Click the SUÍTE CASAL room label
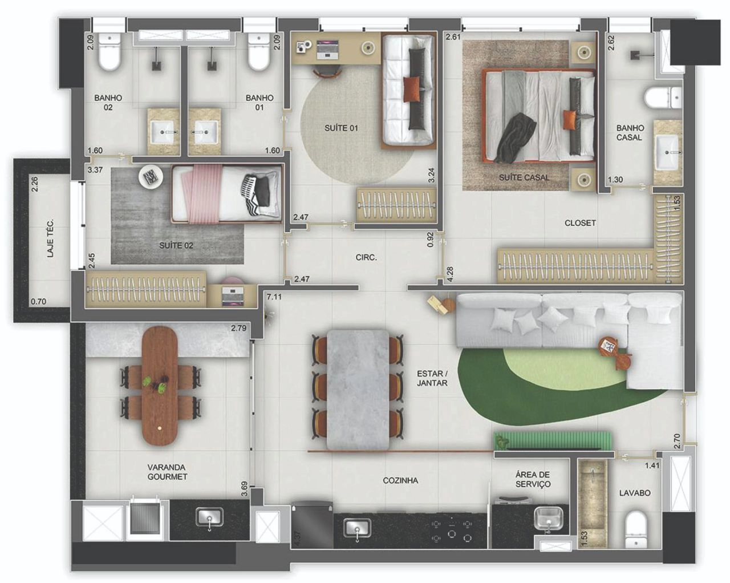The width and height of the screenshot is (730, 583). click(524, 177)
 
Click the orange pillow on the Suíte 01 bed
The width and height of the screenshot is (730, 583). click(412, 89)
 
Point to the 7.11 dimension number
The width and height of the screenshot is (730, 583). click(274, 297)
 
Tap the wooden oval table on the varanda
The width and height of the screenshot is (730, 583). click(160, 386)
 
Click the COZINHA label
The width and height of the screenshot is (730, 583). click(400, 480)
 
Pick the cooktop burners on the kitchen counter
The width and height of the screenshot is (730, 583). click(451, 531)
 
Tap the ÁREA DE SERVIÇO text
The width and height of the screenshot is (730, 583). click(533, 479)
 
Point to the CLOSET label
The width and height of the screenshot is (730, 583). click(580, 223)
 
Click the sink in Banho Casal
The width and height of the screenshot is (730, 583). click(667, 152)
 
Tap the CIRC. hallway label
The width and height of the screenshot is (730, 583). click(366, 257)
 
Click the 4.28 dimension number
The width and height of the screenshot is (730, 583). click(450, 274)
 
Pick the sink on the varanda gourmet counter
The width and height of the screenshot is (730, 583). click(210, 517)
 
